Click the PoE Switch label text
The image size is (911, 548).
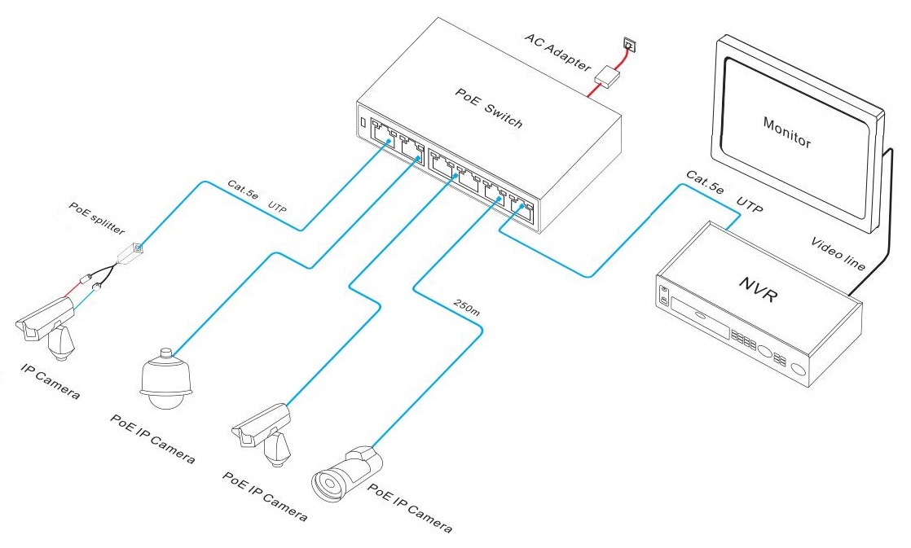pyautogui.click(x=488, y=108)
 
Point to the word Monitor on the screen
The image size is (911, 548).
pyautogui.click(x=786, y=133)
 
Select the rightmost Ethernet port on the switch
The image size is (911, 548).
pyautogui.click(x=520, y=208)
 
